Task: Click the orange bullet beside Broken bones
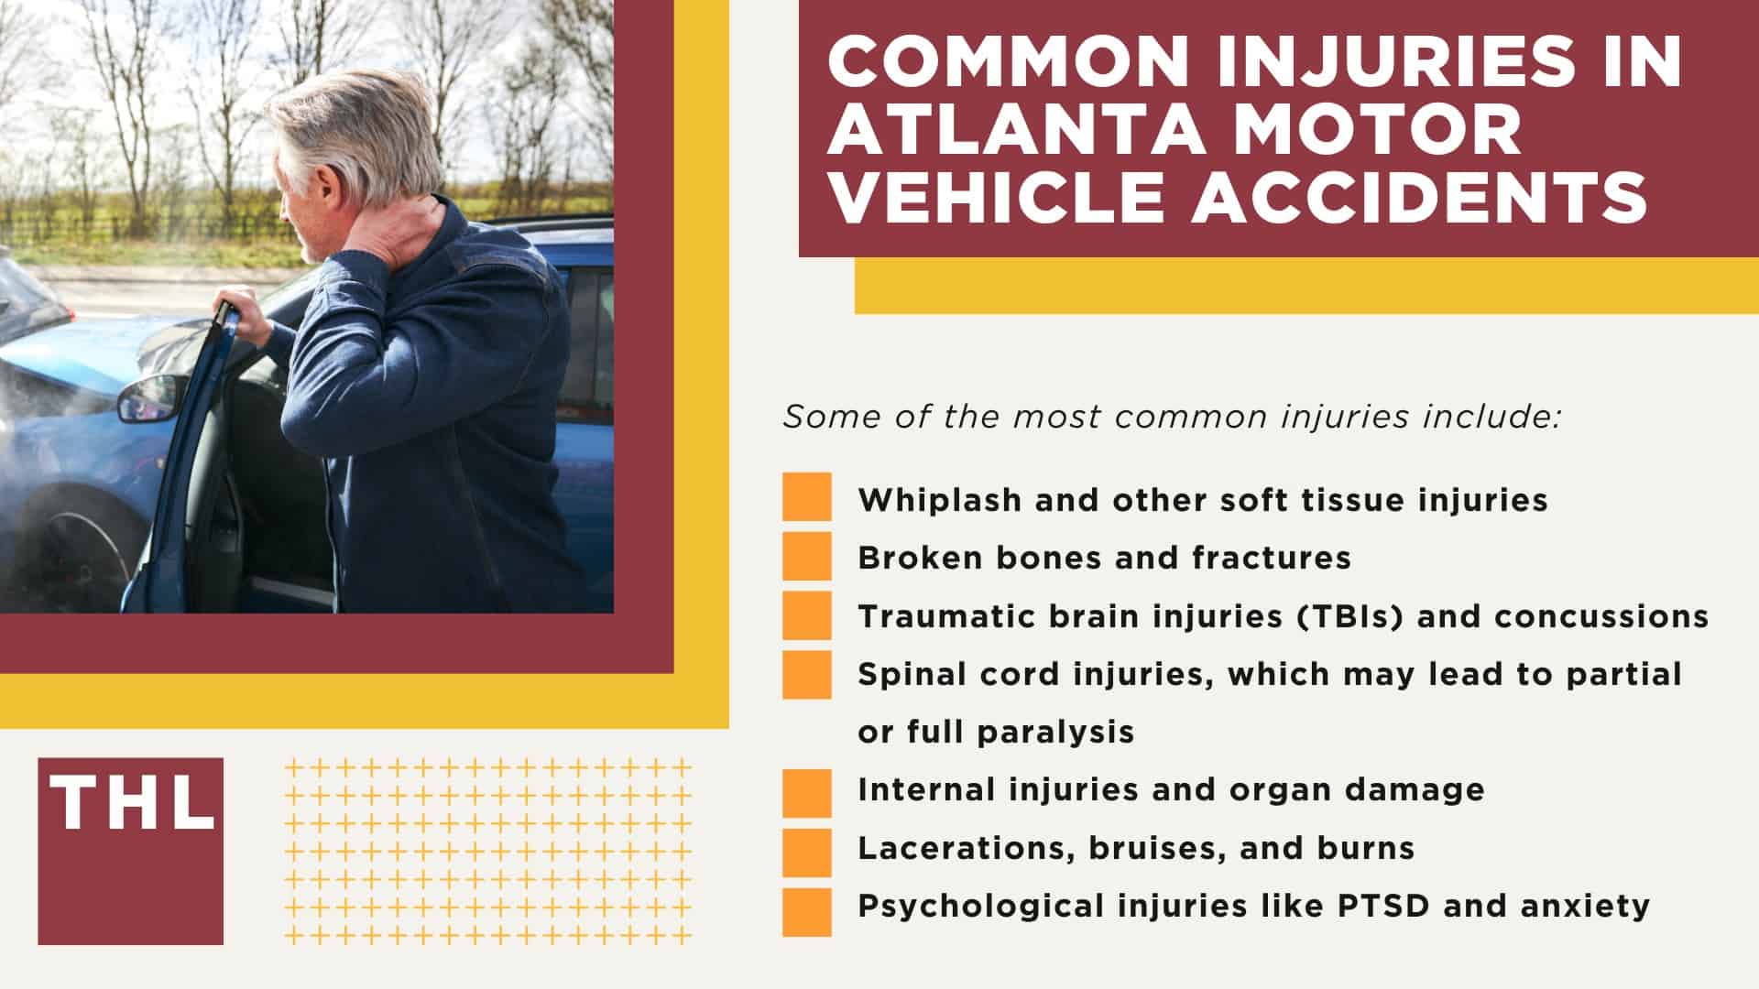click(x=807, y=556)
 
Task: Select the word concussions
click(x=1601, y=616)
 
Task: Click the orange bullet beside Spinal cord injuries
click(x=807, y=675)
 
